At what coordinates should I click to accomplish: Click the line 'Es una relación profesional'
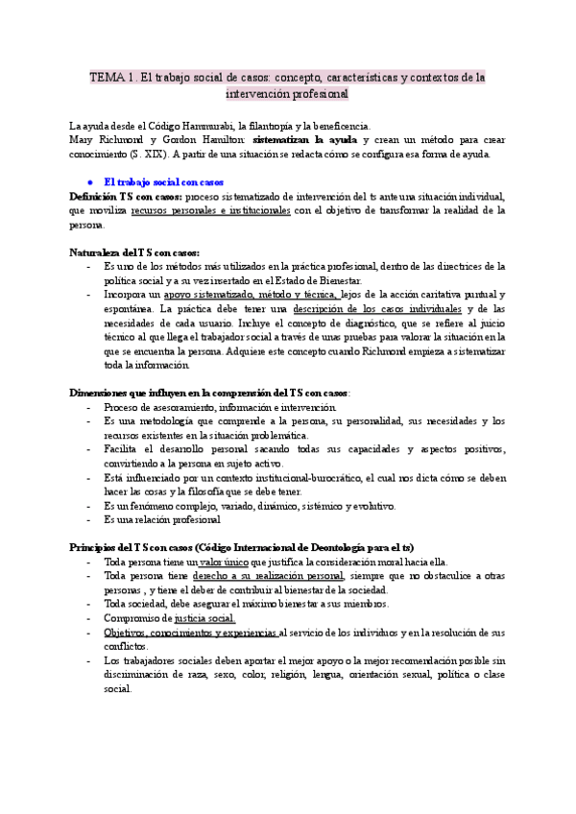pos(163,519)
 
